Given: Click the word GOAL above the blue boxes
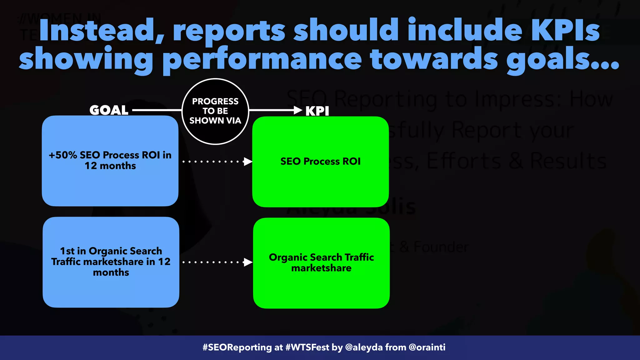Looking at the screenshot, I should click(109, 110).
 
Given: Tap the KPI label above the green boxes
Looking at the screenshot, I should click(317, 111).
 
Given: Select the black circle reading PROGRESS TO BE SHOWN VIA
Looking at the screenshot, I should click(215, 111).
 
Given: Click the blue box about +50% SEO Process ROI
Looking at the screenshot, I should click(110, 161).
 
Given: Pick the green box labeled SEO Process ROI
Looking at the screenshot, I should click(320, 162).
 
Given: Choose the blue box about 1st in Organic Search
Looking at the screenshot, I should click(111, 262).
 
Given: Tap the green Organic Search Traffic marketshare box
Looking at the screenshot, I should click(321, 263).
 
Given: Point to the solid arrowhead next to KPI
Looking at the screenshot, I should click(297, 110).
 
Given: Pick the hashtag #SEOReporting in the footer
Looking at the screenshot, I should click(237, 347).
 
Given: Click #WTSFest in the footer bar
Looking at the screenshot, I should click(307, 347).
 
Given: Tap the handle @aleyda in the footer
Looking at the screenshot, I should click(364, 347).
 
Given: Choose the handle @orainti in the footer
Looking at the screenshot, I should click(427, 347).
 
